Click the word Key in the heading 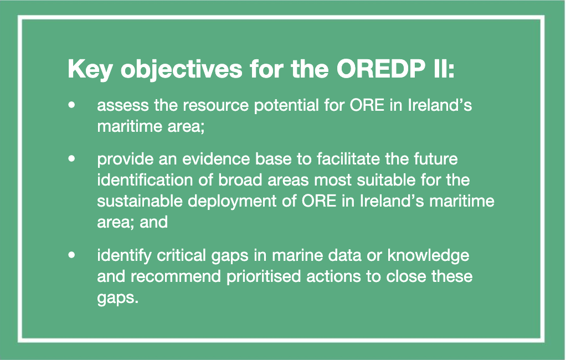click(x=90, y=69)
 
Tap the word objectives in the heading click(x=181, y=69)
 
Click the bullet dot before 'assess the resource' click(x=72, y=105)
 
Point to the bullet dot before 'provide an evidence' click(x=72, y=158)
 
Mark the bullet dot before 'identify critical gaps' click(x=72, y=255)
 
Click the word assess click(x=123, y=105)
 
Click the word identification click(x=145, y=180)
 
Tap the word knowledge click(x=428, y=256)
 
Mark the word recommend click(x=176, y=276)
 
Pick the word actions click(x=336, y=276)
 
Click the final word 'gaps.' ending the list click(x=117, y=299)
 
